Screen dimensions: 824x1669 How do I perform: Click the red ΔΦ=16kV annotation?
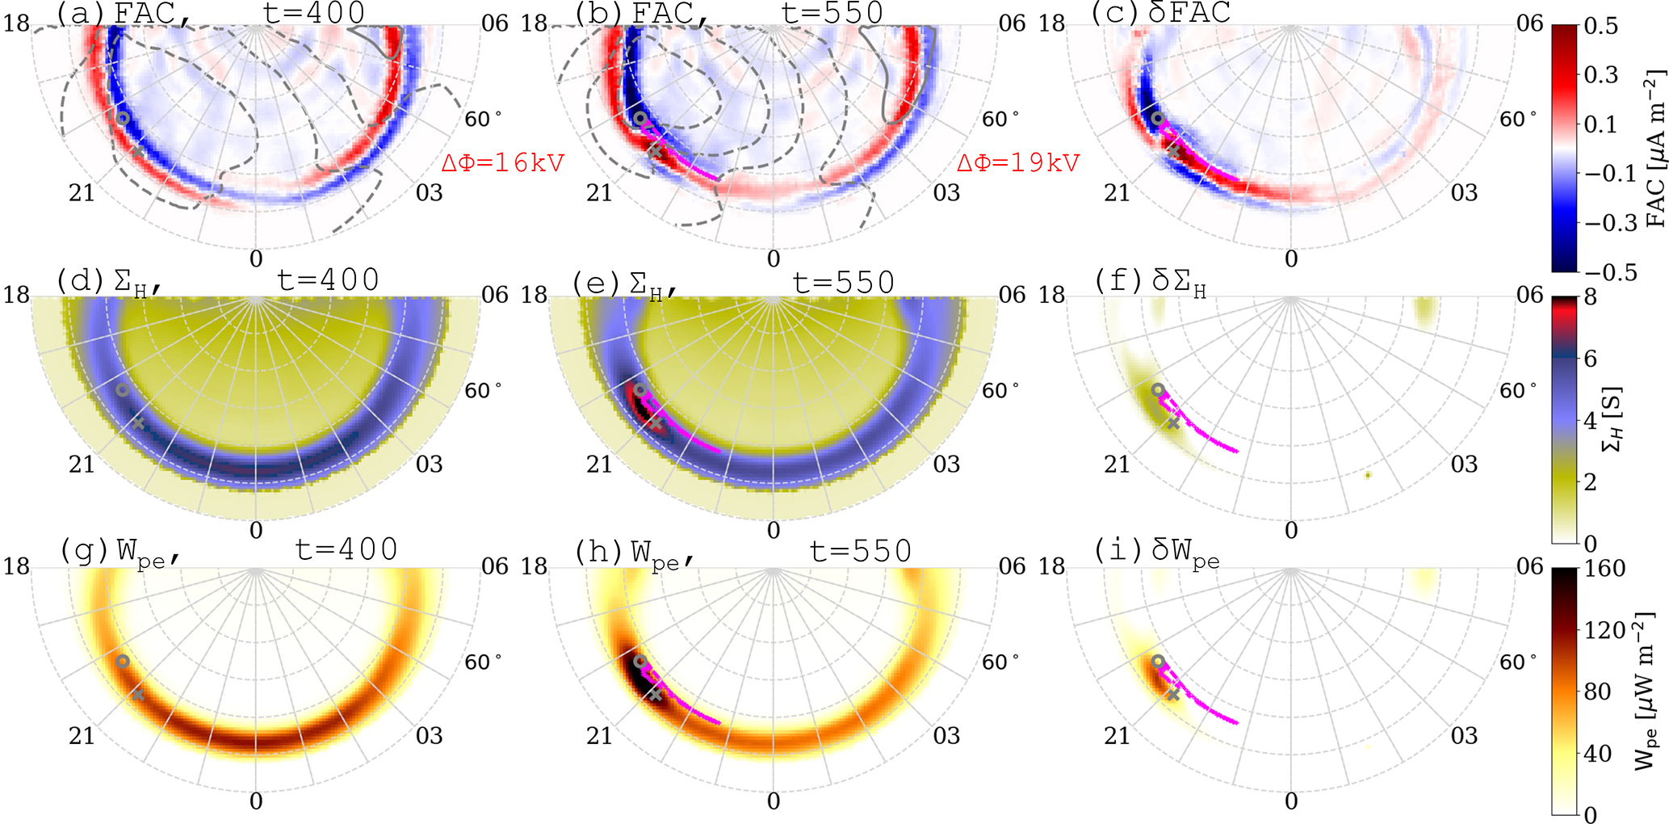(x=502, y=162)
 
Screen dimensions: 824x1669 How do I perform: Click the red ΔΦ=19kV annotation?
(x=1018, y=162)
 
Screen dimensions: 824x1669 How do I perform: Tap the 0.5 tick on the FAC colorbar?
(x=1601, y=26)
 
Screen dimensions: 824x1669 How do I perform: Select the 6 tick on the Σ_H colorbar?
(x=1590, y=359)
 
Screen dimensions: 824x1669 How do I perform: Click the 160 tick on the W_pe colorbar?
(x=1604, y=569)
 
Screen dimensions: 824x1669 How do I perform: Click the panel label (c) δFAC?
(x=1161, y=13)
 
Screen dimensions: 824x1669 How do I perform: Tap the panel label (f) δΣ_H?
(x=1151, y=282)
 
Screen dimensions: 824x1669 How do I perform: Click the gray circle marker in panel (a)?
(x=123, y=117)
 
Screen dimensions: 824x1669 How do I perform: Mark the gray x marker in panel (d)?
(x=138, y=423)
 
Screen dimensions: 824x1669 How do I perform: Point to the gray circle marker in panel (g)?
(x=123, y=661)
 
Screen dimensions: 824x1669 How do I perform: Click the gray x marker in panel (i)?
(x=1173, y=694)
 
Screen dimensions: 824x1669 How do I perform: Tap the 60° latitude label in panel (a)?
(x=483, y=120)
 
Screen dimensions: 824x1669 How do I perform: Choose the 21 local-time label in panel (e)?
(x=599, y=464)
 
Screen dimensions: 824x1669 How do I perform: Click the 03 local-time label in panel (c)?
(x=1464, y=192)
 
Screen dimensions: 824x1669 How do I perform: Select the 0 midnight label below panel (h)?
(x=774, y=801)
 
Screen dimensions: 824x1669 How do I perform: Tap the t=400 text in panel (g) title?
(x=346, y=549)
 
